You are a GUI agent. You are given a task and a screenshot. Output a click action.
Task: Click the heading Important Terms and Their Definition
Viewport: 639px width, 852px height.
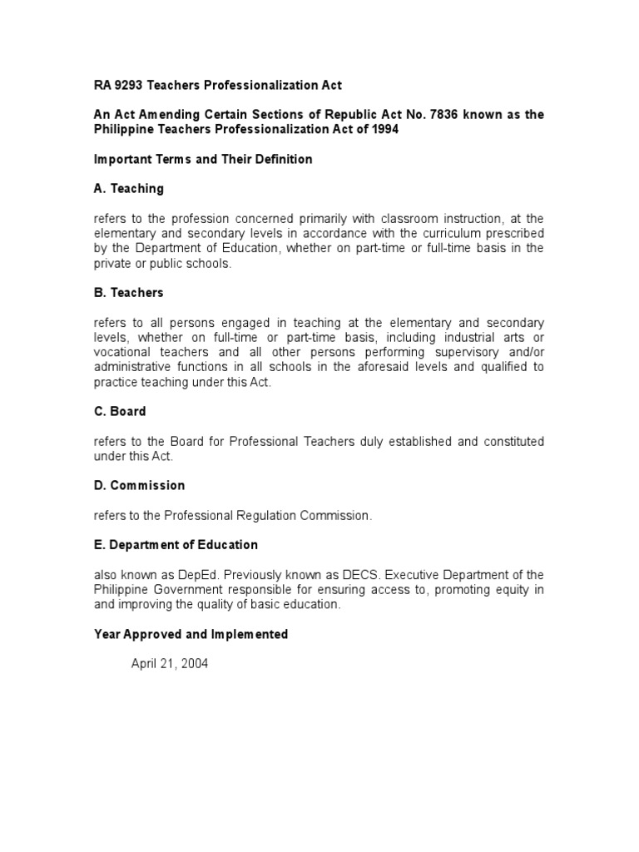pyautogui.click(x=203, y=159)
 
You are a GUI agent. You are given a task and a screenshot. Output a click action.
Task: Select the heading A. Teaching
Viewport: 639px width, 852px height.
pyautogui.click(x=128, y=189)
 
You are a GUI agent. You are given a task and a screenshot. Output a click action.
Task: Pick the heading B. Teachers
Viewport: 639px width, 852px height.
pyautogui.click(x=128, y=293)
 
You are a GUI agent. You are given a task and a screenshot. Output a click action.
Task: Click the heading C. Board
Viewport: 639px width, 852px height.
pyautogui.click(x=120, y=411)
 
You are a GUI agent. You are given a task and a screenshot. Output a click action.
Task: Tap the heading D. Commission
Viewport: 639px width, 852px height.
pyautogui.click(x=139, y=485)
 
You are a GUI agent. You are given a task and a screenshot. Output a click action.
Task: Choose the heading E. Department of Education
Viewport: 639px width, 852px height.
pyautogui.click(x=176, y=545)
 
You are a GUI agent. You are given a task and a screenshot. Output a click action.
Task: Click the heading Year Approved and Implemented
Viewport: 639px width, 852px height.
pyautogui.click(x=191, y=634)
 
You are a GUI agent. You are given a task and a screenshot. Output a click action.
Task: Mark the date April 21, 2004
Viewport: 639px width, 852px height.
pyautogui.click(x=170, y=664)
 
